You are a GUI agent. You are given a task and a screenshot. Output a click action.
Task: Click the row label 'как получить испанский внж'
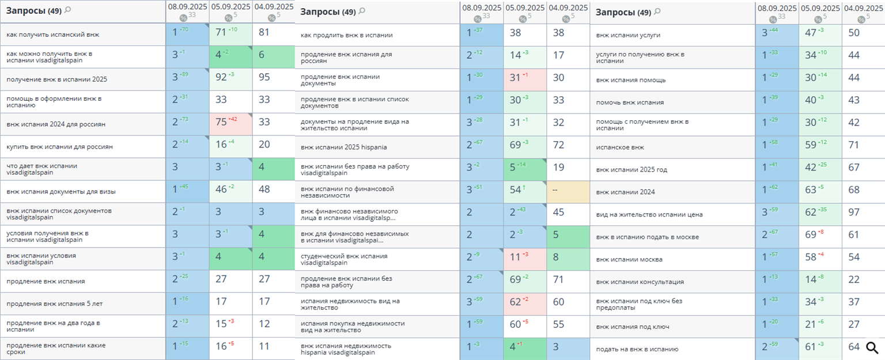point(53,35)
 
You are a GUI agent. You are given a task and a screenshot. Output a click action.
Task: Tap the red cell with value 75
point(230,124)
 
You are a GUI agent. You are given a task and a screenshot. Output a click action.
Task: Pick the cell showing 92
point(230,79)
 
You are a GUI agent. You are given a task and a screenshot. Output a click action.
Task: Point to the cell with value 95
point(273,79)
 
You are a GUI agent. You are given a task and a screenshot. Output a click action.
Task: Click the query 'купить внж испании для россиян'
point(59,147)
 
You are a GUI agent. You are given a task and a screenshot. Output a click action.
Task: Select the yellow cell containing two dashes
point(568,192)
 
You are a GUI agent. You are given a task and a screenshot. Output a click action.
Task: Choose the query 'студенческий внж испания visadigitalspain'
point(344,259)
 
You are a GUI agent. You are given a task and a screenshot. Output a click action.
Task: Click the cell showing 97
point(863,214)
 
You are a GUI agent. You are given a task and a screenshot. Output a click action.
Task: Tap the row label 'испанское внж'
point(620,147)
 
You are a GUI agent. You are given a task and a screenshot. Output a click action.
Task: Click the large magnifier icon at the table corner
point(872,348)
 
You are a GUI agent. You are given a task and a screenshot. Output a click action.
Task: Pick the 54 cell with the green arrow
point(524,192)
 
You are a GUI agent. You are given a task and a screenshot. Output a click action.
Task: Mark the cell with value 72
point(568,147)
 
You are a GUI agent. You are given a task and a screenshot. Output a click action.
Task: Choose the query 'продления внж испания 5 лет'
point(55,304)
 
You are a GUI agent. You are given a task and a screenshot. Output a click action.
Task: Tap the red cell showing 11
point(524,259)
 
